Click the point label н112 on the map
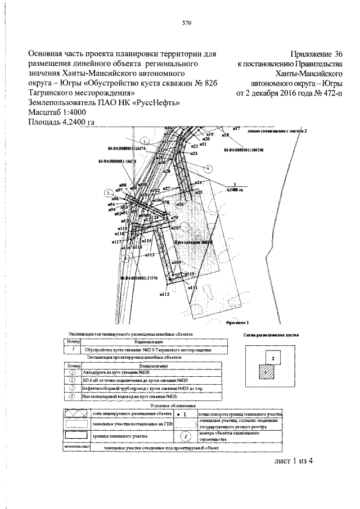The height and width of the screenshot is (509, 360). tap(164, 294)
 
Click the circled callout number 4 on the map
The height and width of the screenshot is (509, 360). tap(209, 168)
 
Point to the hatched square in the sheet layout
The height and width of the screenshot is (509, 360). tap(265, 371)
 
